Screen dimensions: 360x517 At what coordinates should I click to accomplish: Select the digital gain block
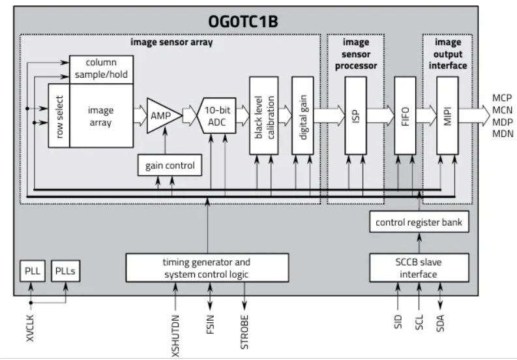[303, 115]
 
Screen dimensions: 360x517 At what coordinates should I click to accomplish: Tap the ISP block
[355, 115]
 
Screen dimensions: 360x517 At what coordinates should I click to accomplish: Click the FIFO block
[406, 115]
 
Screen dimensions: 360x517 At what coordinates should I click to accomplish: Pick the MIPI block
[448, 115]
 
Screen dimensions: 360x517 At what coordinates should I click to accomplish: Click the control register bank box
[418, 222]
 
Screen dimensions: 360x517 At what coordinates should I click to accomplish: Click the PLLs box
[66, 271]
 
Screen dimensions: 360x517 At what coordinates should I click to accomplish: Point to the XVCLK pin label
[30, 329]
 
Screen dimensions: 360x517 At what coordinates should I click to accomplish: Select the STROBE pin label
[245, 333]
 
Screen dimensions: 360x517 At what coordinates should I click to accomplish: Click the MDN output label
[502, 133]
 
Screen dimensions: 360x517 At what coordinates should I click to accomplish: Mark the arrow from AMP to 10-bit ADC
[190, 115]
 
